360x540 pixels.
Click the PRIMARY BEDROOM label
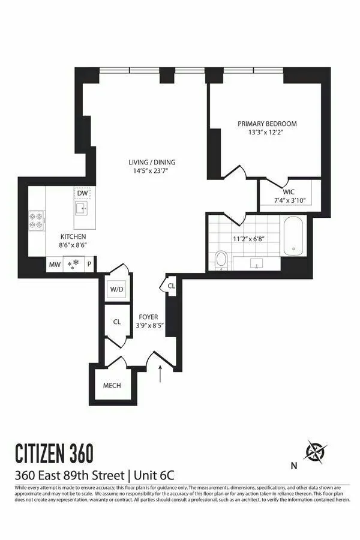(x=267, y=124)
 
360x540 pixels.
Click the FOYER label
(x=148, y=316)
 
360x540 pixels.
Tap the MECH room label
(x=112, y=385)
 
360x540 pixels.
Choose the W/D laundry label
(x=116, y=290)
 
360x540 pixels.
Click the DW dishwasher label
(x=83, y=193)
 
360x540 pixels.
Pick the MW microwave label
(x=55, y=264)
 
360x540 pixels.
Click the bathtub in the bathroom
(x=294, y=237)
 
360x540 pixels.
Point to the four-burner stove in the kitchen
(x=37, y=220)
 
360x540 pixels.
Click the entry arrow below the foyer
(x=160, y=374)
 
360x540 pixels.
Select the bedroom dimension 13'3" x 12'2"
(x=267, y=133)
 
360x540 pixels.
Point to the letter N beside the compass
(x=293, y=465)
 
